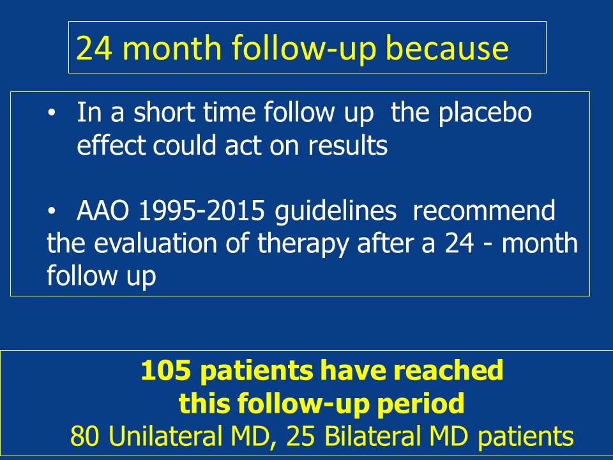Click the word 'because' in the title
pos(447,48)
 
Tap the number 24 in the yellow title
pos(95,48)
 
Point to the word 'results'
pos(347,146)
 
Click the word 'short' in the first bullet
pos(165,112)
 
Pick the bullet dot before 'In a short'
pos(52,113)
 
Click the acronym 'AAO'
pos(103,211)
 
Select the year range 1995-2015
pos(202,211)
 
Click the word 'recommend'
pos(484,211)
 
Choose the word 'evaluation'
pos(155,243)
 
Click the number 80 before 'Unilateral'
pos(84,436)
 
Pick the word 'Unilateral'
pos(164,436)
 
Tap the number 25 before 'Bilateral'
pos(301,436)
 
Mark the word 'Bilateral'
pos(372,436)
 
